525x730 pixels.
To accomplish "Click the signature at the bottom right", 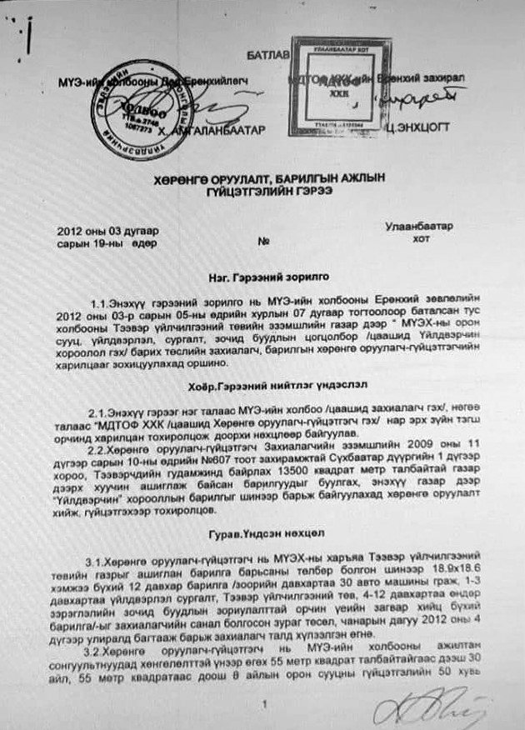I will pyautogui.click(x=433, y=704).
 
